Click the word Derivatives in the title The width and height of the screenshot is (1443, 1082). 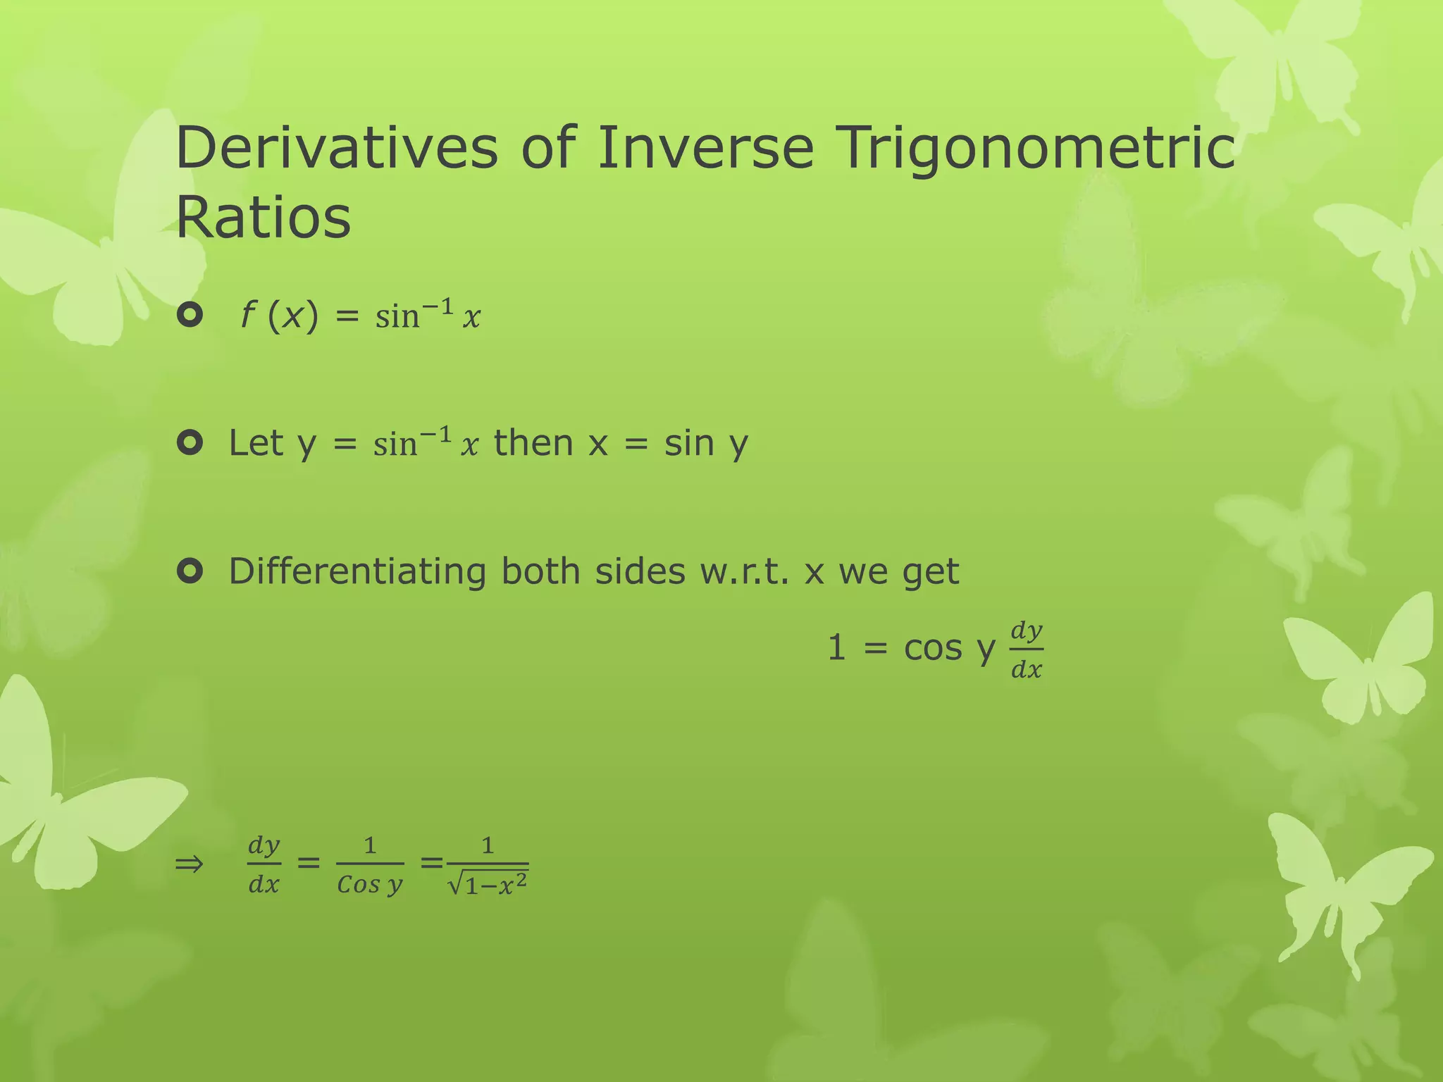(x=337, y=147)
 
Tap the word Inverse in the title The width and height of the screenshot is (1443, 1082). (x=705, y=147)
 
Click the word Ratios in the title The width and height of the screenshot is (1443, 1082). (x=263, y=218)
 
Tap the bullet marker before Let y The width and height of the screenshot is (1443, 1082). (x=190, y=443)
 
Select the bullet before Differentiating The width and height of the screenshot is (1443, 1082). (x=190, y=571)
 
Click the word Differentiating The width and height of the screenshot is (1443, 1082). (x=357, y=571)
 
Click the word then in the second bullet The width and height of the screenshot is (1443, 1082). (x=533, y=443)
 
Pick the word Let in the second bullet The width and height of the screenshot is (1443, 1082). (x=255, y=443)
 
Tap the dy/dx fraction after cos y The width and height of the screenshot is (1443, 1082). (x=1027, y=649)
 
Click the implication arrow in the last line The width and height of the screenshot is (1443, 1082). (x=189, y=864)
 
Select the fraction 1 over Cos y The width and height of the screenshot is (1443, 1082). (x=370, y=864)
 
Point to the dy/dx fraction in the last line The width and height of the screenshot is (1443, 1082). (x=264, y=864)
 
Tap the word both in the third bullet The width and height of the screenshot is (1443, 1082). (x=540, y=571)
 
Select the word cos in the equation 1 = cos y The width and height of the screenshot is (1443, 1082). (x=932, y=648)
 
